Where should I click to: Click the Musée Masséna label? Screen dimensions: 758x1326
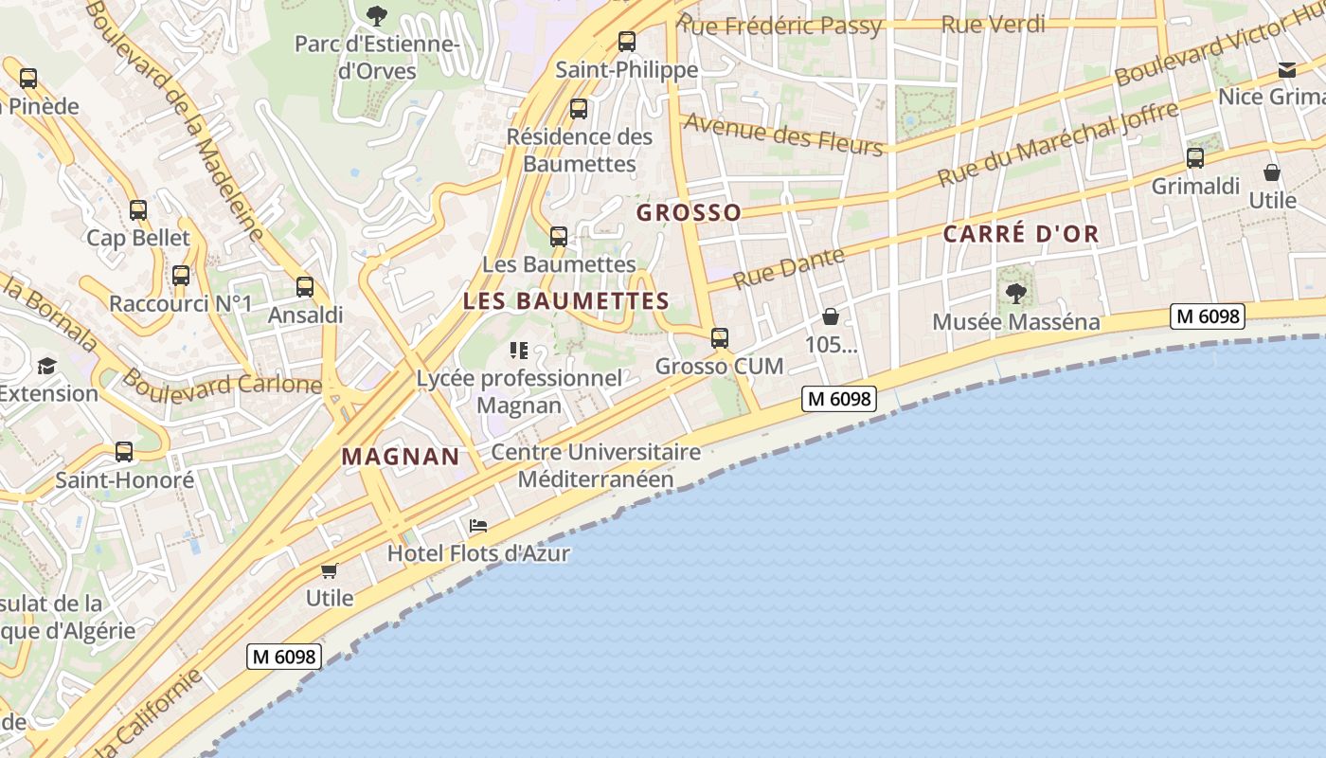(x=1016, y=322)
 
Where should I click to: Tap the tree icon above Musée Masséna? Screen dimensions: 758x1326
(x=1016, y=294)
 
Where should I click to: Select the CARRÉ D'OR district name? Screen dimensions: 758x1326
(x=1021, y=234)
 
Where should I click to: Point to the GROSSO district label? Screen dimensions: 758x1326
(x=689, y=212)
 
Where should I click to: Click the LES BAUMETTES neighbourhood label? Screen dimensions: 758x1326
(x=566, y=301)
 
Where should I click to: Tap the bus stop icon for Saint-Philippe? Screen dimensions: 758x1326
(x=626, y=42)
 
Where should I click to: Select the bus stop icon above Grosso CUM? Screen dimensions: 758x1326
(x=720, y=338)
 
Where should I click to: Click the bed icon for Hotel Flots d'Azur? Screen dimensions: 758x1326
(x=478, y=526)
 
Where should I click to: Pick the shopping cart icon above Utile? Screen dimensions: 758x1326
(x=329, y=570)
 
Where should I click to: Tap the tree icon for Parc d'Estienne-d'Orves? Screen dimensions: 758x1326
(x=377, y=15)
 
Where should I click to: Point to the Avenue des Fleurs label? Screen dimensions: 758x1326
(x=782, y=134)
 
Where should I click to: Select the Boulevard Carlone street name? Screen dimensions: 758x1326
(x=222, y=384)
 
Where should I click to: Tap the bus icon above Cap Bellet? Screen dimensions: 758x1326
(x=138, y=210)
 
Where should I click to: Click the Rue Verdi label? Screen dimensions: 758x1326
(x=994, y=25)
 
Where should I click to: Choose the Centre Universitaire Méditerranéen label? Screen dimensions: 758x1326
(x=596, y=465)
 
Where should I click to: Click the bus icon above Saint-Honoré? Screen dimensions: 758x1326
(x=124, y=452)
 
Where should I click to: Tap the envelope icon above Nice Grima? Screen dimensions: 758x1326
(x=1286, y=70)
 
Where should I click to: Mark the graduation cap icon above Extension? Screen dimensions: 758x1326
(x=45, y=366)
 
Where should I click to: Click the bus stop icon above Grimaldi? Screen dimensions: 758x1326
(x=1195, y=158)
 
